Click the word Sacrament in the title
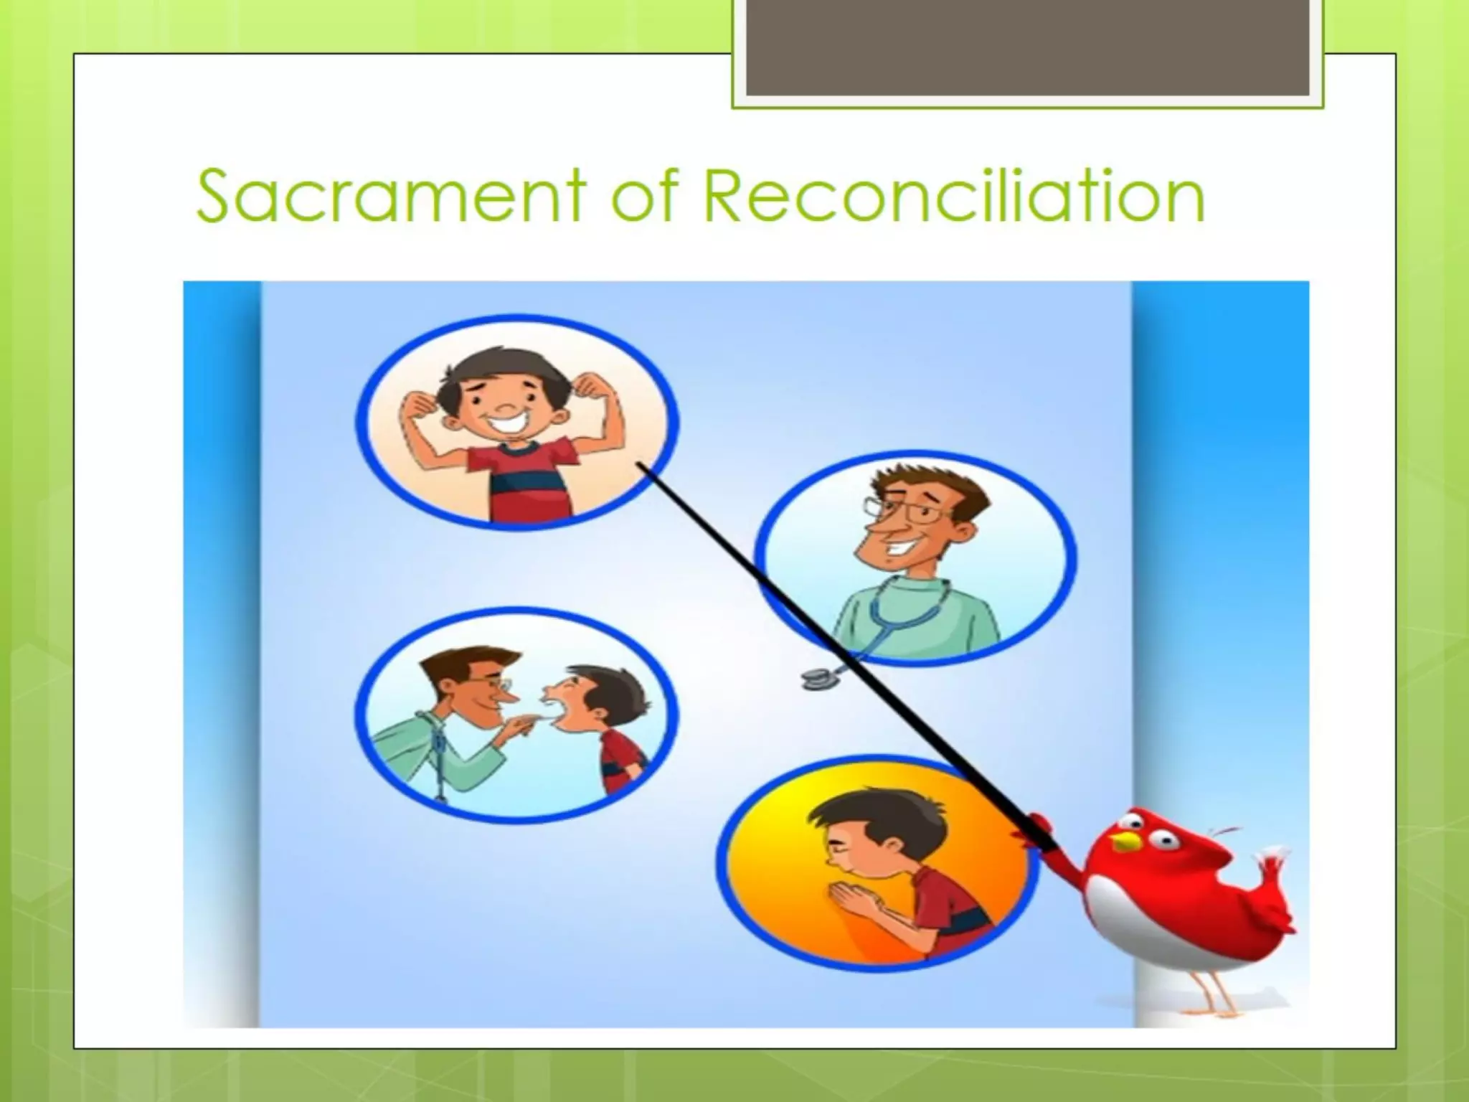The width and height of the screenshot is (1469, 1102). coord(391,195)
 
